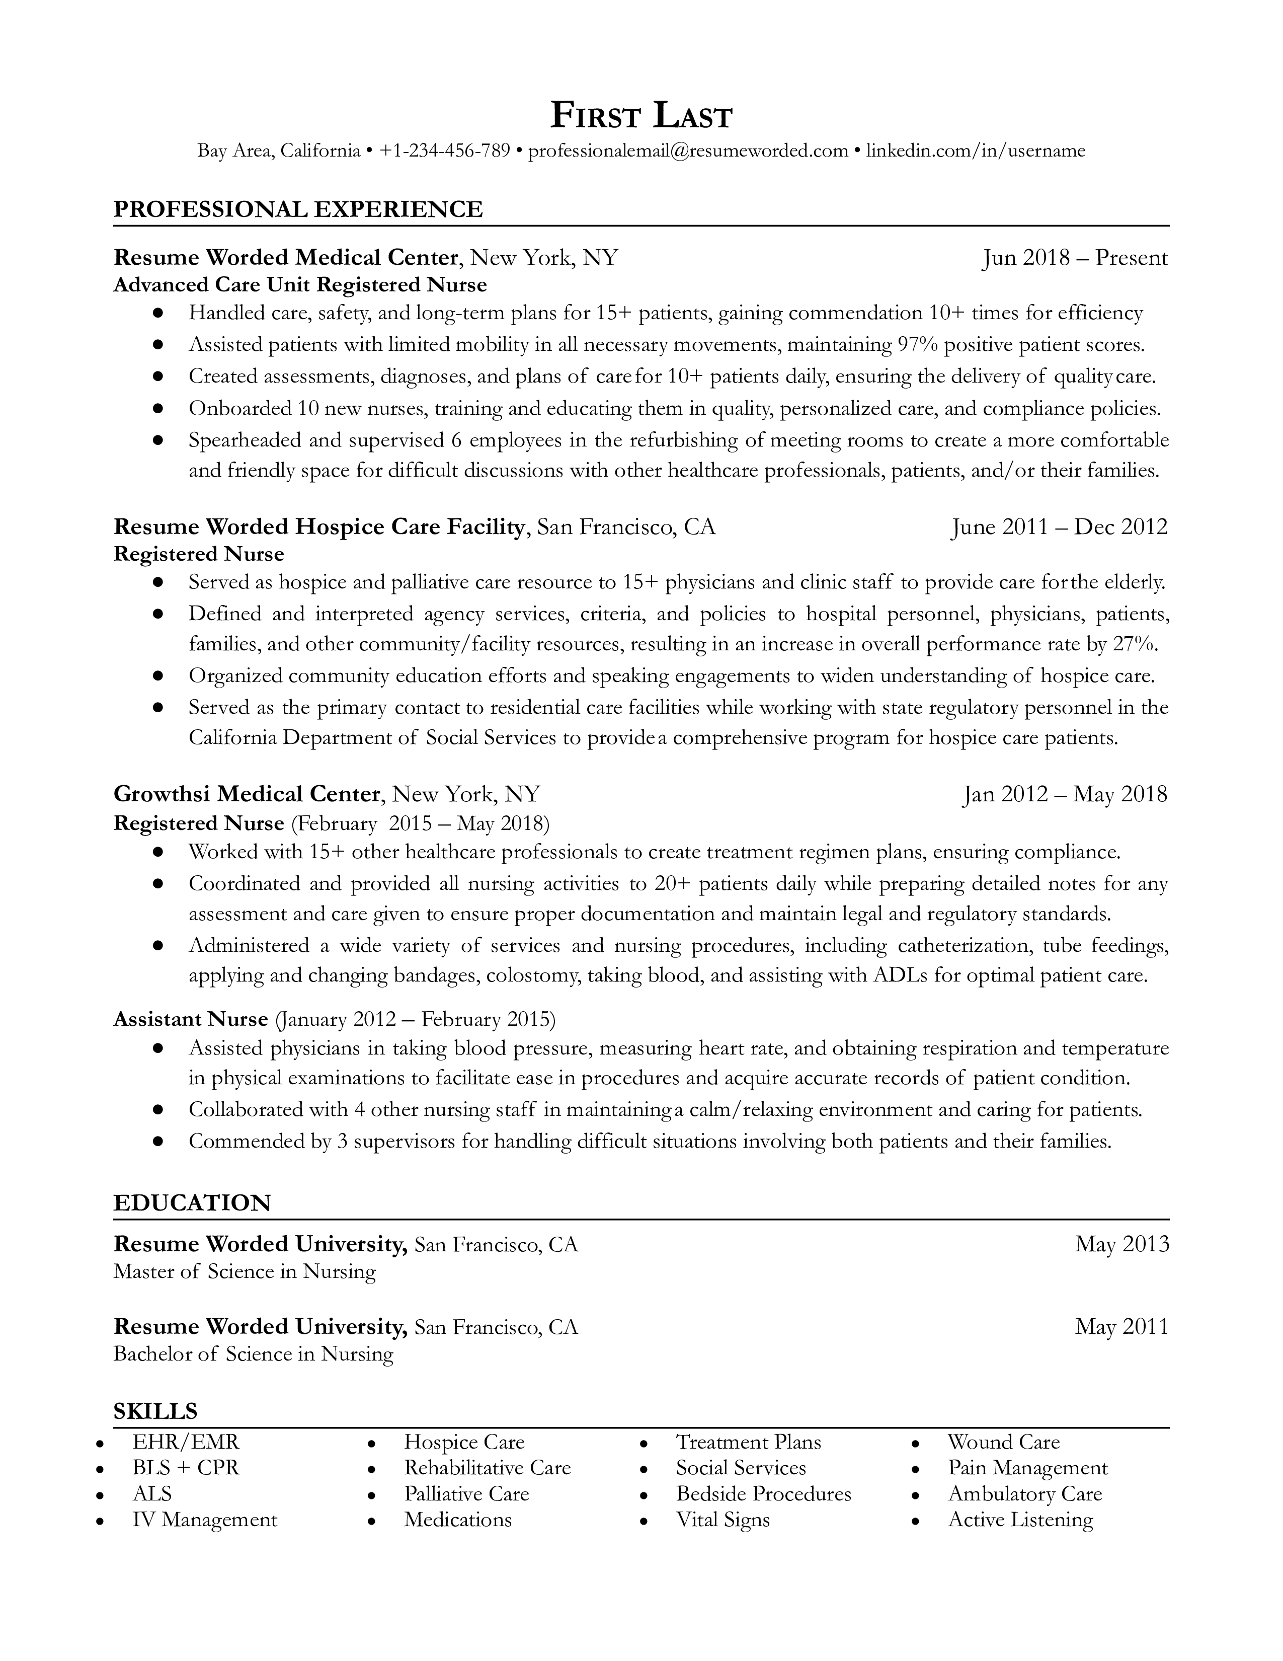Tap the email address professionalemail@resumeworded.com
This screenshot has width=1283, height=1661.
(688, 150)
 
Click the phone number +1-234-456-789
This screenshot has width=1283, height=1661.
(445, 150)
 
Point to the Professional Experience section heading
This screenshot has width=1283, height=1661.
(298, 209)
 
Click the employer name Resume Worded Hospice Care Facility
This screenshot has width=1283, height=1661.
(319, 526)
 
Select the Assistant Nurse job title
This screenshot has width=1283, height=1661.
(191, 1019)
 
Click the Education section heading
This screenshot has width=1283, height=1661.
(192, 1202)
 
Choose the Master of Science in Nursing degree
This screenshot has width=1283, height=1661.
(245, 1271)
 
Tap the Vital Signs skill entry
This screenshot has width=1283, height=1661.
(723, 1520)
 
